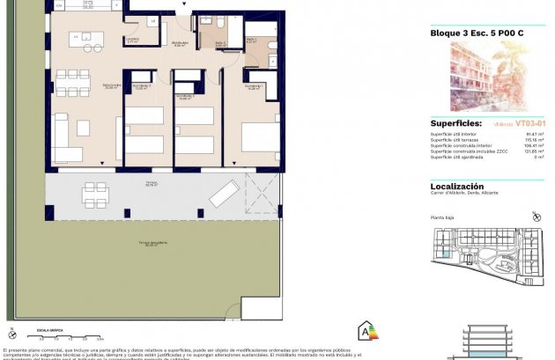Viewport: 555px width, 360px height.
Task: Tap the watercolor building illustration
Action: click(x=486, y=76)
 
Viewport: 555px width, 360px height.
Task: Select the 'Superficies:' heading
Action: click(x=456, y=123)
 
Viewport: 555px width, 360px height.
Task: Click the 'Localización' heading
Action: click(x=456, y=187)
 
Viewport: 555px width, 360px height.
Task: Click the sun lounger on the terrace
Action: click(x=224, y=193)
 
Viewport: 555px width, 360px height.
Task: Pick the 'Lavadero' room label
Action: click(x=132, y=40)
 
